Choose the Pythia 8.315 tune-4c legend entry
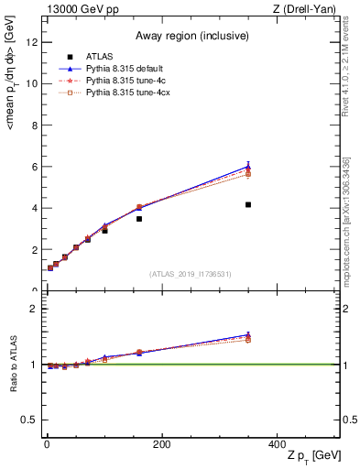tap(124, 82)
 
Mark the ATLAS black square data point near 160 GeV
tap(139, 219)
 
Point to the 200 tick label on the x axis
tap(161, 444)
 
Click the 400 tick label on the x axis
tap(277, 444)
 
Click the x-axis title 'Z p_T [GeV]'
tap(315, 456)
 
